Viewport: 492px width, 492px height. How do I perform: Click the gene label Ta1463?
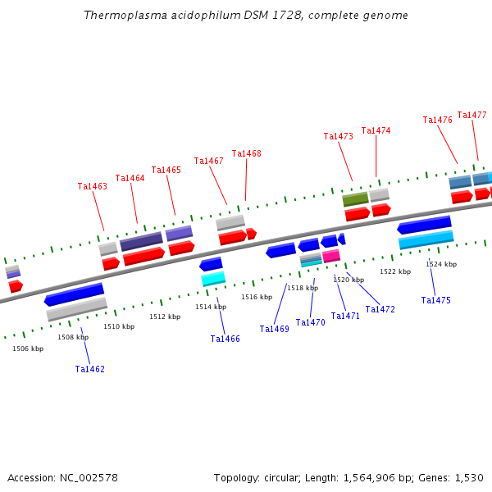point(93,187)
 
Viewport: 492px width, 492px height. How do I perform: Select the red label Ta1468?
point(247,154)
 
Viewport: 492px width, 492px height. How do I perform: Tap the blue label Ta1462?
point(90,370)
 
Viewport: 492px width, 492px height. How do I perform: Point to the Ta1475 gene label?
point(436,301)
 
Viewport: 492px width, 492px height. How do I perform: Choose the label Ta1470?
point(311,323)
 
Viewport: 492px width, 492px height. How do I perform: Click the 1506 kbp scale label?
point(28,349)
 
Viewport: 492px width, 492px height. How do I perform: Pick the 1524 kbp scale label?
point(441,265)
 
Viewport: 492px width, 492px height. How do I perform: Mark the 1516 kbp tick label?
point(257,298)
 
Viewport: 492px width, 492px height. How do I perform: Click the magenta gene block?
point(331,257)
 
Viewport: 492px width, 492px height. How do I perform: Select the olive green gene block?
point(355,199)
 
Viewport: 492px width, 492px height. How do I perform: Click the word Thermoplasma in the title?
point(120,16)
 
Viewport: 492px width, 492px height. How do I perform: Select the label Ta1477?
point(471,116)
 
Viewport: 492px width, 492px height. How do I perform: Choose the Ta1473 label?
point(339,137)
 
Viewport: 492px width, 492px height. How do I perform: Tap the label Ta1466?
point(225,339)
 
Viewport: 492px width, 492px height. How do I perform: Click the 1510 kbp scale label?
point(119,327)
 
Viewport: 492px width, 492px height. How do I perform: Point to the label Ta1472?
point(380,310)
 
